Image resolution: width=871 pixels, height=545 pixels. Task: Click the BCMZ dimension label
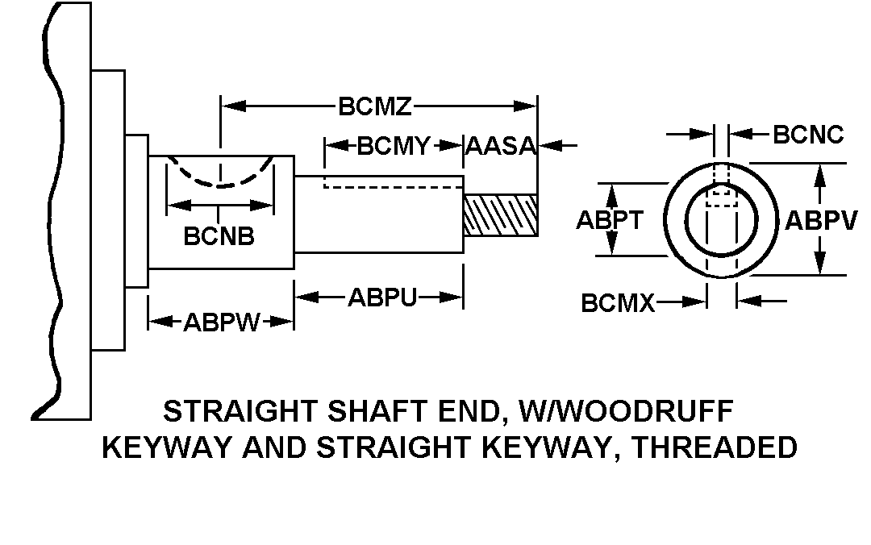376,106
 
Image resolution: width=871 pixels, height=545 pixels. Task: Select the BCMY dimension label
394,146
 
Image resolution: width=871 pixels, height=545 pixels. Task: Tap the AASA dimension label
501,147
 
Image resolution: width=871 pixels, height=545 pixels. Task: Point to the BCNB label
219,236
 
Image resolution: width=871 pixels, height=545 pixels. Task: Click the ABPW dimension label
222,322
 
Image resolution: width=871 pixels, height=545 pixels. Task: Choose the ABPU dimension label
382,297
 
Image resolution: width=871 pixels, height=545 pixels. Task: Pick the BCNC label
808,134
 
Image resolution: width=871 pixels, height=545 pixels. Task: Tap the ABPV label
821,220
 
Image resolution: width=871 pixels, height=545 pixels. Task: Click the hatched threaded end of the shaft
501,214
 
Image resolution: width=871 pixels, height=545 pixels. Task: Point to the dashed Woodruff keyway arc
219,179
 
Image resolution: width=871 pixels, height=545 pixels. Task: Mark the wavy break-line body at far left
56,210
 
